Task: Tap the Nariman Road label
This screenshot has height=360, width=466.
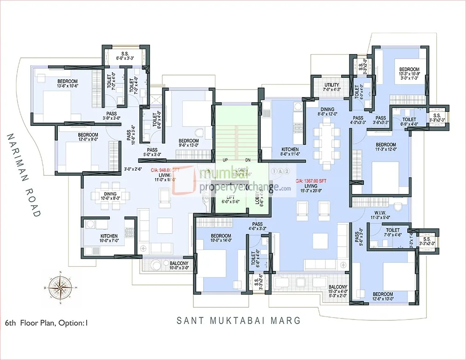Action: tap(23, 175)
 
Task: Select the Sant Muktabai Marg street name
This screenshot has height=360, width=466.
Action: tap(239, 321)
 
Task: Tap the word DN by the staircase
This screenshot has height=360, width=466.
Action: tap(247, 159)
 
